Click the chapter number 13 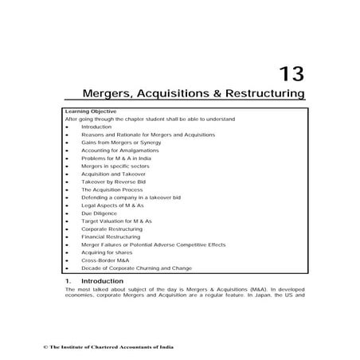coord(291,73)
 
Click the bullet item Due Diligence coord(98,213)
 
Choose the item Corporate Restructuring coord(111,229)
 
